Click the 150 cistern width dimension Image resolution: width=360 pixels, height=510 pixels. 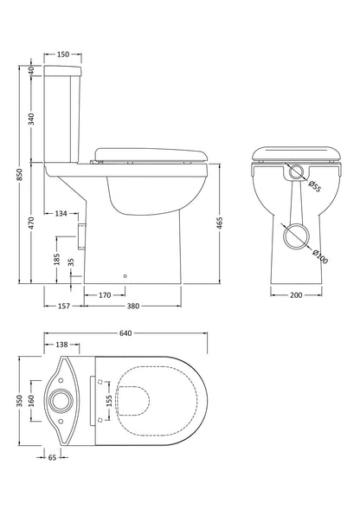[x=63, y=55]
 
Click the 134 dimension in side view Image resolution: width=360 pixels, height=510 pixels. [x=61, y=213]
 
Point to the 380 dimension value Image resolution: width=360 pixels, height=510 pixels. [x=132, y=305]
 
